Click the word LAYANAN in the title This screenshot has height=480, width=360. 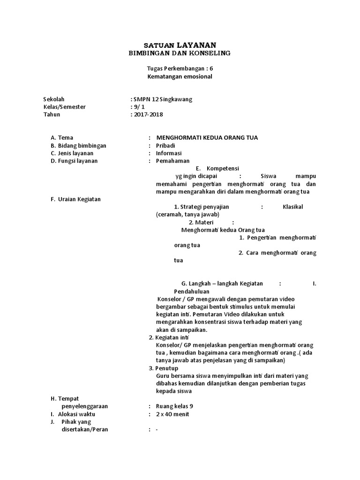pos(197,45)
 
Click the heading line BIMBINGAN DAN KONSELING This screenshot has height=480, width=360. pos(180,53)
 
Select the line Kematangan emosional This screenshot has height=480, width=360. pos(180,76)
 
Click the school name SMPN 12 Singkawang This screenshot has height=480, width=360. pos(162,99)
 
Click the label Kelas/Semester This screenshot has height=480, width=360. pos(65,107)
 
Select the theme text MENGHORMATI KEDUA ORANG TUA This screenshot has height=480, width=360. pos(207,137)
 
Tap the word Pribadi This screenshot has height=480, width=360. pos(165,145)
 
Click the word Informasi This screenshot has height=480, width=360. pos(168,153)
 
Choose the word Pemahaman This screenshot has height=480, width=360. pos(171,161)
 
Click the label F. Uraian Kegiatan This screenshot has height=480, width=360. pos(75,199)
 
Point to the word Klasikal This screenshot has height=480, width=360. pos(293,207)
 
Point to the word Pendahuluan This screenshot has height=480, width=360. pos(192,291)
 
